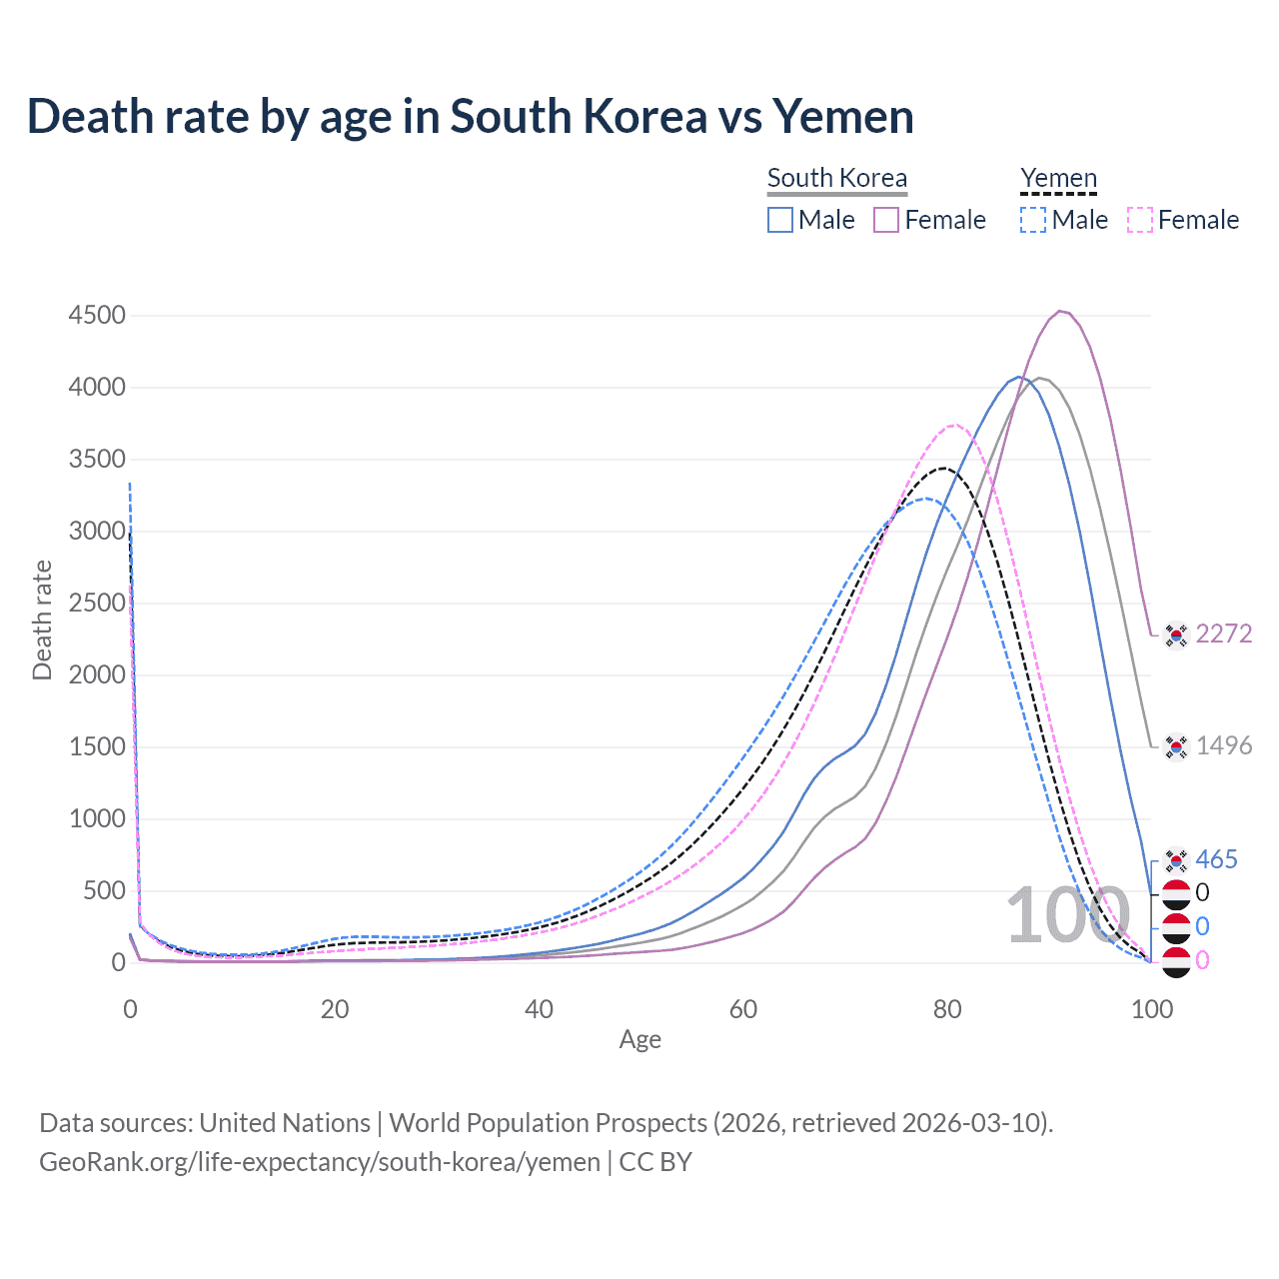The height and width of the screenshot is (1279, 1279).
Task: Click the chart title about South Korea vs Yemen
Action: tap(470, 116)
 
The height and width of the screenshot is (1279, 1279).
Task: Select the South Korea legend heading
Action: tap(837, 178)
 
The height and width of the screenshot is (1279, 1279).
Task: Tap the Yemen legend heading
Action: tap(1058, 178)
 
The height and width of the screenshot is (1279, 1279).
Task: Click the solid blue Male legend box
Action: tap(780, 220)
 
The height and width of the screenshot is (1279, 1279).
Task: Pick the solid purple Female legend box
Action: tap(886, 220)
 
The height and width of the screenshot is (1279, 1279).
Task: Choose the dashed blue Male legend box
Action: tap(1033, 220)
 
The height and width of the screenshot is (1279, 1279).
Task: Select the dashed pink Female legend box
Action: tap(1140, 220)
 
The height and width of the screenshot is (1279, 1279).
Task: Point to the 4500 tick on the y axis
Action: tap(97, 316)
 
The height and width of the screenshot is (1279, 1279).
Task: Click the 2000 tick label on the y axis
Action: tap(97, 675)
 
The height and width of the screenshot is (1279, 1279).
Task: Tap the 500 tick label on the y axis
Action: tap(104, 891)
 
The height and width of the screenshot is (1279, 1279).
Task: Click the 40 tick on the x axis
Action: tap(539, 1009)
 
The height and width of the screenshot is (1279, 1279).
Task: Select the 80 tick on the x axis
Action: tap(947, 1009)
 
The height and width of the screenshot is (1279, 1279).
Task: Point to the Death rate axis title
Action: tap(42, 620)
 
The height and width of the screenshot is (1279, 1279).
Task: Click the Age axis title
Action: tap(639, 1040)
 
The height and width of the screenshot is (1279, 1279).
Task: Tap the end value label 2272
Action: tap(1224, 634)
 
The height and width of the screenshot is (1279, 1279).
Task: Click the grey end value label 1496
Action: tap(1224, 745)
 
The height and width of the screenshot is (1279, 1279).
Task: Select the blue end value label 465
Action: tap(1216, 859)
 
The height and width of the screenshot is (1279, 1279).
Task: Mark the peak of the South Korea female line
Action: tap(1060, 311)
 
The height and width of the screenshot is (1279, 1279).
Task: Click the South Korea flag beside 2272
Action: tap(1176, 635)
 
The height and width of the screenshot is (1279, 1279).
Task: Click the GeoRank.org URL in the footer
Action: tap(320, 1162)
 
